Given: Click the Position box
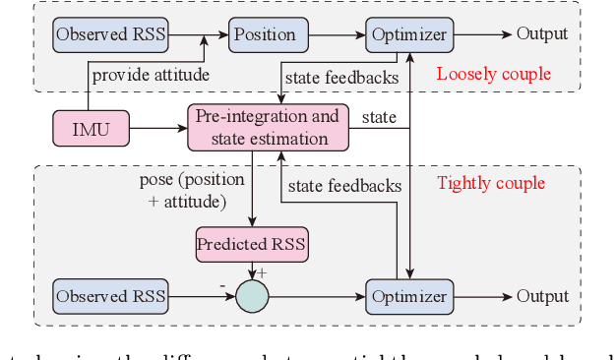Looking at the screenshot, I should [265, 34].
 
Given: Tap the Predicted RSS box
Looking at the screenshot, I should [251, 244].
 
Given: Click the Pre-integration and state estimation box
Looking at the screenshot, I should [268, 128].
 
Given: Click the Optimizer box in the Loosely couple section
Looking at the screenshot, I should [408, 35].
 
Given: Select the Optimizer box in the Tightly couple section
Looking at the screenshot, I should [408, 296].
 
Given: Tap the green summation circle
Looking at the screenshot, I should [252, 296].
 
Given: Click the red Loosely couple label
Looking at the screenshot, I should [493, 74].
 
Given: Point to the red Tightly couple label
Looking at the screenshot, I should [490, 183].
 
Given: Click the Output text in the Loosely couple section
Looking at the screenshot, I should [542, 34].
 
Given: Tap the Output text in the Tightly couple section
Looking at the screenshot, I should [542, 296].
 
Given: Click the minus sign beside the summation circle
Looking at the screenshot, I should [224, 285].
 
